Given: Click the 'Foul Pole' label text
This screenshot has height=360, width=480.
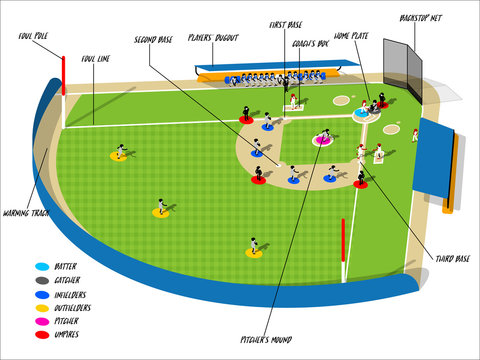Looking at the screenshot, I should tap(35, 36).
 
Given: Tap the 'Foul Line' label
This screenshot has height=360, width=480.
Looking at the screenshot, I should tap(97, 59).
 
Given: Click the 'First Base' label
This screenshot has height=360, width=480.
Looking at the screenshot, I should tap(286, 24).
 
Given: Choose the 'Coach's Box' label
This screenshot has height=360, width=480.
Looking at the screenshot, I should tap(310, 44).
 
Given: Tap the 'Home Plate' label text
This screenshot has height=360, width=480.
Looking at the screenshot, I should tap(351, 35).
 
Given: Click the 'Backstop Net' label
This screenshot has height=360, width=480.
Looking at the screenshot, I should tap(420, 18).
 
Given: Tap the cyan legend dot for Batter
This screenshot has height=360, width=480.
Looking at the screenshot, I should tap(41, 267).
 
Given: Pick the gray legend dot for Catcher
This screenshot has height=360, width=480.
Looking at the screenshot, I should tap(41, 280).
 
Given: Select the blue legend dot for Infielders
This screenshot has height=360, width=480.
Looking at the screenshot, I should tap(41, 294).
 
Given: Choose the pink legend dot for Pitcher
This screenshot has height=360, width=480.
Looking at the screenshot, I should tap(41, 321).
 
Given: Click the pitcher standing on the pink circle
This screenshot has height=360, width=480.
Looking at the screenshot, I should tap(323, 135).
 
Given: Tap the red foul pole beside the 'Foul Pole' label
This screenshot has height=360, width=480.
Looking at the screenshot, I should tap(63, 75).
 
